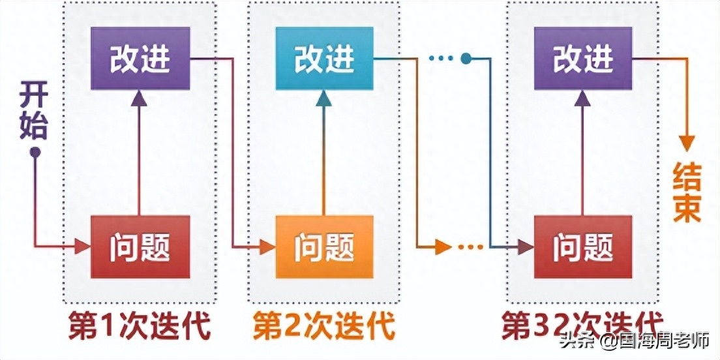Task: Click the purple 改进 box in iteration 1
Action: pos(140,59)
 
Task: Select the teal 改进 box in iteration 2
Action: pos(324,59)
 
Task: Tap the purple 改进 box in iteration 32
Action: pos(582,59)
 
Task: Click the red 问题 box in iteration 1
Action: pos(140,247)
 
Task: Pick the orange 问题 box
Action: pos(324,247)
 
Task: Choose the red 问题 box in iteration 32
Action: pos(582,247)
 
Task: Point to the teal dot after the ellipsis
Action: pos(465,59)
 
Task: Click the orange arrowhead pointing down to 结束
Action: pos(686,143)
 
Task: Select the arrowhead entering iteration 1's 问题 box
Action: pos(82,247)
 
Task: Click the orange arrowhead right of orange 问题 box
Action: pos(443,247)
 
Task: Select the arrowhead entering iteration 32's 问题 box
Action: pos(525,247)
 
